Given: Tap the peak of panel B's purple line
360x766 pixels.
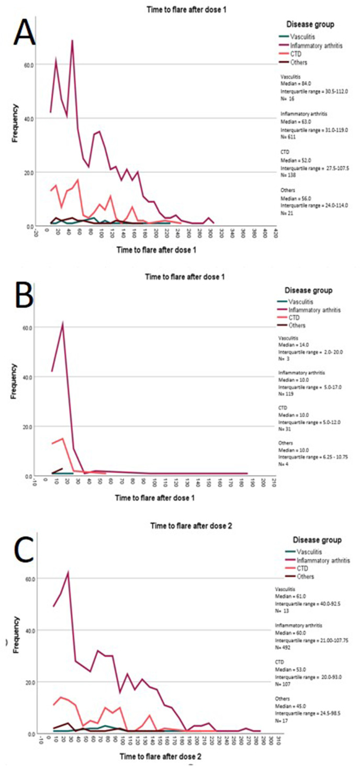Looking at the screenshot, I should (63, 323).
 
